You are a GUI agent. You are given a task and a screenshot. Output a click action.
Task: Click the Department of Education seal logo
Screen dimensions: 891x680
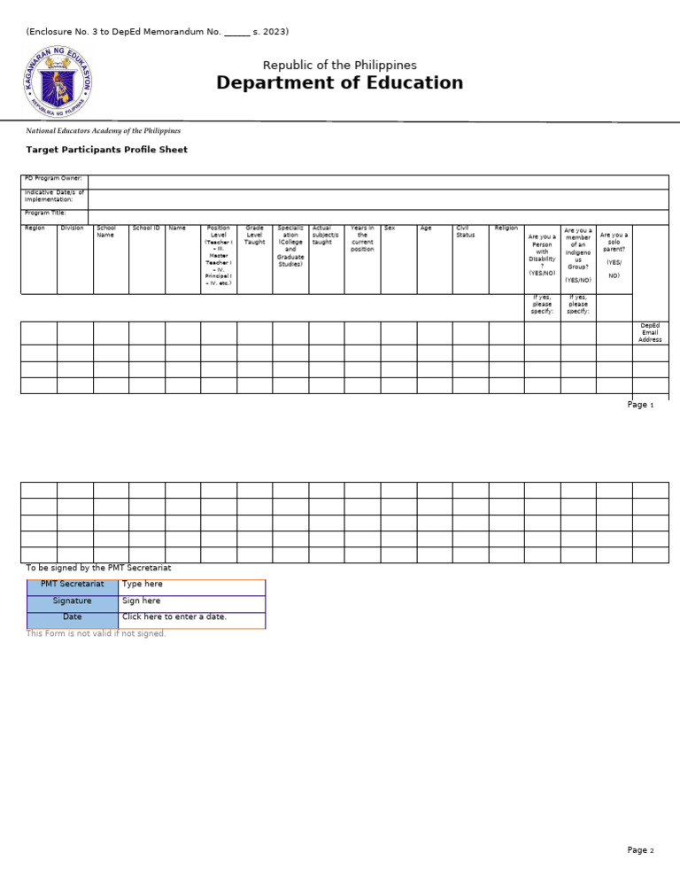57,82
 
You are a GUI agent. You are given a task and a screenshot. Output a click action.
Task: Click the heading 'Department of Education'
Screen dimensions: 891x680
339,83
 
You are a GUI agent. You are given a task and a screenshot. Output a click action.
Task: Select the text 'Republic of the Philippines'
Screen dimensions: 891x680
339,66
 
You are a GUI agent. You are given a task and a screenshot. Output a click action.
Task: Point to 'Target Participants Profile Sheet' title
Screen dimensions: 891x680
106,150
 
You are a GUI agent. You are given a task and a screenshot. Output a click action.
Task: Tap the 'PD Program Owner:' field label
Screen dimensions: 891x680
53,179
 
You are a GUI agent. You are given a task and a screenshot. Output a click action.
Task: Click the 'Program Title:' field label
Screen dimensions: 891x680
45,213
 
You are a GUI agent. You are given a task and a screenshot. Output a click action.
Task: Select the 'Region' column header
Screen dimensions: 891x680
35,229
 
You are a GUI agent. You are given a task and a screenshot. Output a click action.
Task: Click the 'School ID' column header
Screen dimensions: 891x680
146,229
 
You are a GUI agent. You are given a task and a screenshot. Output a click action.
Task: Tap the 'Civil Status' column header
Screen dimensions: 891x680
466,232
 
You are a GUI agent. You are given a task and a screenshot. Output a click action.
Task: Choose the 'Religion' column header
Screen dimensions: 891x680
506,229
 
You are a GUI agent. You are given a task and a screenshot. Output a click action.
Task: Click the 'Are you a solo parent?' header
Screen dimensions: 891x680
614,255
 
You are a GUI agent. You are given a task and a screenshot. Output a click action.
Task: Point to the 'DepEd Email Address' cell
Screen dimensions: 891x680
650,333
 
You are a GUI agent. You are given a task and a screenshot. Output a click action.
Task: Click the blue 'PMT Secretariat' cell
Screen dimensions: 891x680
73,585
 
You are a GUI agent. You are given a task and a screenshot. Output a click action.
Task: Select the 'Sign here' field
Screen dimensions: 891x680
142,600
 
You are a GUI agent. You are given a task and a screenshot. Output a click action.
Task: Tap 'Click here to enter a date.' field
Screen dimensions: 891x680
174,616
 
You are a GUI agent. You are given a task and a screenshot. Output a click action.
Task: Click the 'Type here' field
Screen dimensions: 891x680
142,585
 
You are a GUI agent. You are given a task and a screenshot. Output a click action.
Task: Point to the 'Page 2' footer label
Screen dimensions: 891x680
640,850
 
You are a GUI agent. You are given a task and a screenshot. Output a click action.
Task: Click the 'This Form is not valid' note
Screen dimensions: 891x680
96,633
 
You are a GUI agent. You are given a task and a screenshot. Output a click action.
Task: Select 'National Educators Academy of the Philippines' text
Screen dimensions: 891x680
103,131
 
